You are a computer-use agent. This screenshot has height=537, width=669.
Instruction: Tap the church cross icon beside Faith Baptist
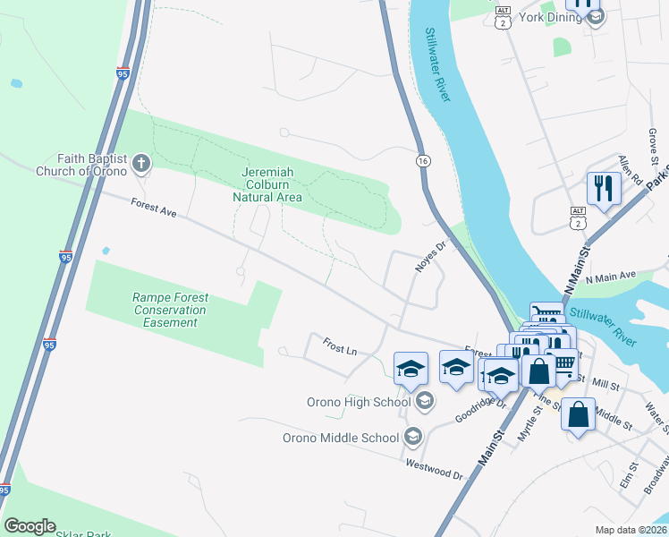coord(140,164)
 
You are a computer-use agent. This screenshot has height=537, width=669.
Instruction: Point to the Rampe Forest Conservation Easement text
coord(169,310)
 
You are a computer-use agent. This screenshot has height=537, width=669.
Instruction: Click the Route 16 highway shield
coord(422,160)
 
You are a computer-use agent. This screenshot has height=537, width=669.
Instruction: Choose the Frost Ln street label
coord(340,346)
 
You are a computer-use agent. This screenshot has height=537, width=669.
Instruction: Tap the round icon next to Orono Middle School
coord(412,437)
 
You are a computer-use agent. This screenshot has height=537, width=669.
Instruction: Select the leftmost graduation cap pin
coord(411,369)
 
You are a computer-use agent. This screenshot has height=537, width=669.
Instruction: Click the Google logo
coord(29,526)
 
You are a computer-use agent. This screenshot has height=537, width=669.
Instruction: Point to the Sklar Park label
coord(83,534)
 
